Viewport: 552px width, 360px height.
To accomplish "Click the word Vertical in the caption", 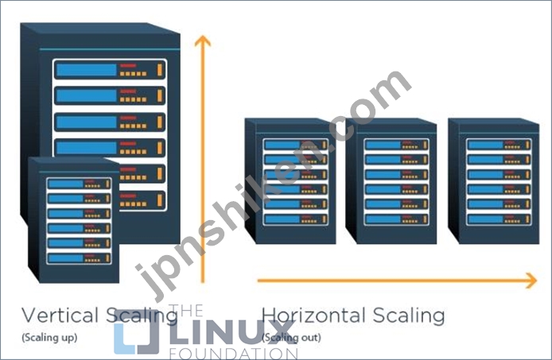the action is pos(60,315).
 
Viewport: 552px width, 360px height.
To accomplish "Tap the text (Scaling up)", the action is pos(49,338).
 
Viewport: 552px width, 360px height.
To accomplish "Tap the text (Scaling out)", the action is pos(291,338).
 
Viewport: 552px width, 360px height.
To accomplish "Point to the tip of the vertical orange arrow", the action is pos(202,36).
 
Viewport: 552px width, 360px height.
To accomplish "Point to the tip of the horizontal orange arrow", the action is pos(537,281).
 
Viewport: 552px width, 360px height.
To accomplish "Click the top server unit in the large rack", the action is pos(110,70).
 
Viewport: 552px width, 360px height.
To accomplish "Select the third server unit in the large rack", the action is pos(110,122).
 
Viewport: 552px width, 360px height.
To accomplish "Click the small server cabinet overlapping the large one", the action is pos(74,220).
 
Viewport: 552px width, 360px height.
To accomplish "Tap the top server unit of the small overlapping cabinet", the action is pos(79,184).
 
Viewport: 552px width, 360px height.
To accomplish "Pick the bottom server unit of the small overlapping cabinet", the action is pos(79,258).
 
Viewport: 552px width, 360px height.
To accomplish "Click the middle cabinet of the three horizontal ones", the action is pos(391,181).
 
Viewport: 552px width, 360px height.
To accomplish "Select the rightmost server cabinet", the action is pos(494,181).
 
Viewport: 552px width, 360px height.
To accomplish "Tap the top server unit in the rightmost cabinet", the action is pos(499,145).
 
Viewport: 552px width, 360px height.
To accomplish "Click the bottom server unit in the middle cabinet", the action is pos(396,219).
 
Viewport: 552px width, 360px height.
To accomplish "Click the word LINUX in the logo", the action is pos(232,333).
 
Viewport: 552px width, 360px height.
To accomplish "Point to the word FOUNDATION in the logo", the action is pos(234,354).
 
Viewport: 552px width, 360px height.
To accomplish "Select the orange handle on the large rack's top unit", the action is pos(159,70).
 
